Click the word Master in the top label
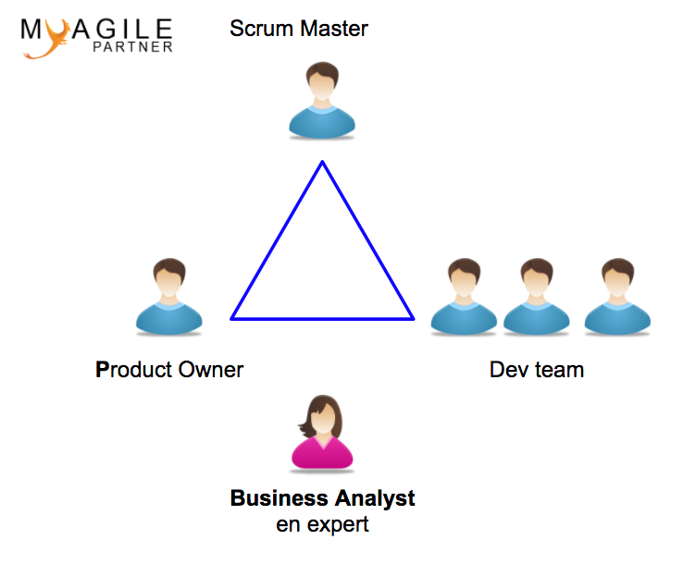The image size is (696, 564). coord(334,29)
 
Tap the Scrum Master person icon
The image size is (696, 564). coord(322,101)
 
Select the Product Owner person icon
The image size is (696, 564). coord(169,297)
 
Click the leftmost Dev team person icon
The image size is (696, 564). coord(464,297)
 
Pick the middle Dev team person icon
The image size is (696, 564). coord(537,297)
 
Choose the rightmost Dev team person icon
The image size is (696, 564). coord(617,297)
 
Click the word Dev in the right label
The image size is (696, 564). coord(509,369)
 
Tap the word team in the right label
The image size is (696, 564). coord(560,370)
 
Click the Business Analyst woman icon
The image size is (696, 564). coord(322,434)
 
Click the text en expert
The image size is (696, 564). coord(322,525)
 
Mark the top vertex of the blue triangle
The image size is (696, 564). coord(323,162)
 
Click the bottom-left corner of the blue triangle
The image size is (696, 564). coord(231,318)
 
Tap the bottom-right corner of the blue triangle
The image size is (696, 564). coord(413,318)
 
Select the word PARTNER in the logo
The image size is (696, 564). coord(132,47)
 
